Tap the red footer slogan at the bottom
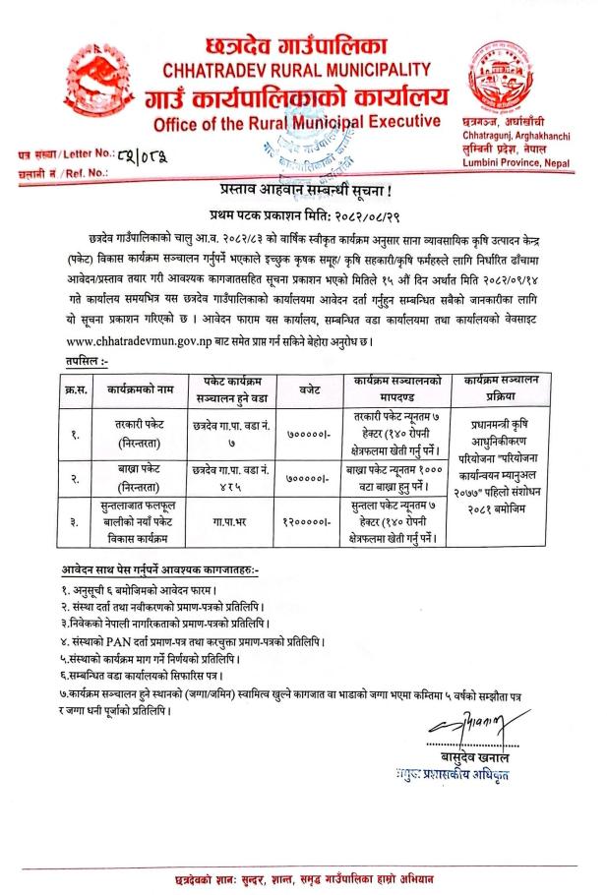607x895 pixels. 304,874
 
